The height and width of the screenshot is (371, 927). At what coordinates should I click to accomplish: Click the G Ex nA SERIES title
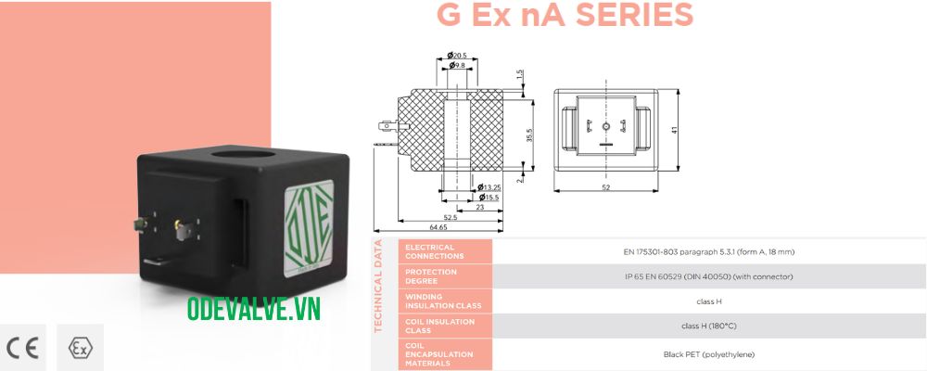click(565, 16)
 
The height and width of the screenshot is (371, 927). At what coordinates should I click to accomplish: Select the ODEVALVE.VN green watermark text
click(253, 310)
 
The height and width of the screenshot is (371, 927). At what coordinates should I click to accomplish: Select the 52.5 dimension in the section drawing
click(450, 217)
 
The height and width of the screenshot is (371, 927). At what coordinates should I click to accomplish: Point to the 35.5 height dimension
click(530, 135)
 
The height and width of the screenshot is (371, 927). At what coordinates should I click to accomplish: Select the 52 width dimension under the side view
click(605, 187)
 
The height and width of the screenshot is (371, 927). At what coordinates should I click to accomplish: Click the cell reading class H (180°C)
click(708, 326)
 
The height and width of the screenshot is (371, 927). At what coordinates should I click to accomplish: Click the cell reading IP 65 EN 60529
click(708, 276)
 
